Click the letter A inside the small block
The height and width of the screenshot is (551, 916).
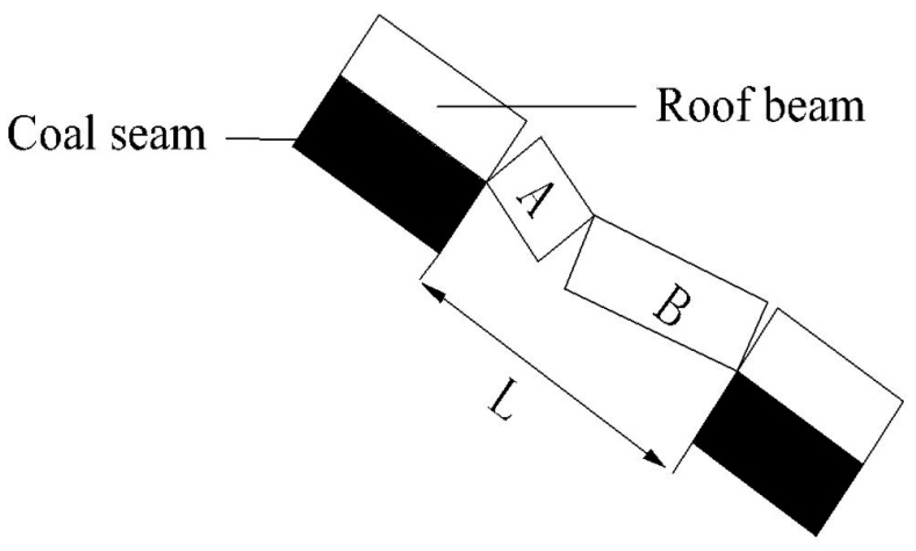click(531, 200)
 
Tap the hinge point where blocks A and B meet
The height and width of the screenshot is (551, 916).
click(592, 217)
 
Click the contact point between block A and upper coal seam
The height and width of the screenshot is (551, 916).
click(487, 180)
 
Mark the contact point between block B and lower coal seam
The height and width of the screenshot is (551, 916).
click(738, 370)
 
